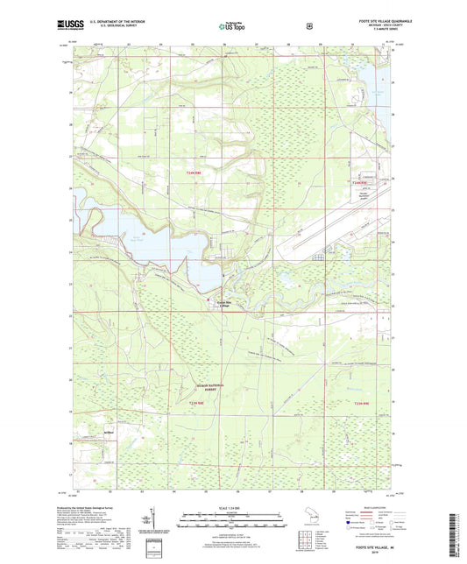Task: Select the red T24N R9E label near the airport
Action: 358,182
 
